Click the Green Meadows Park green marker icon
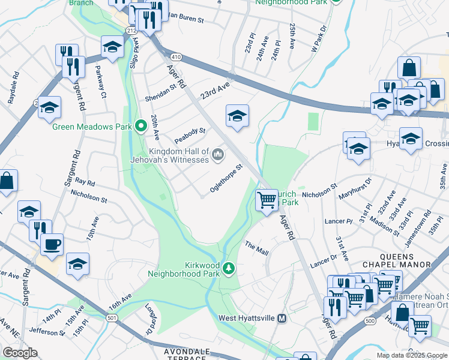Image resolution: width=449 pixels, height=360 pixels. click(141, 126)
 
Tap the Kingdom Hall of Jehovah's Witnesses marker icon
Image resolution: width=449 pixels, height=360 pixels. click(218, 156)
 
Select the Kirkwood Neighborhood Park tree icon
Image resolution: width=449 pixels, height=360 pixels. click(228, 268)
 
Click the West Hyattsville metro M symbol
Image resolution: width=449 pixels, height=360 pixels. click(280, 318)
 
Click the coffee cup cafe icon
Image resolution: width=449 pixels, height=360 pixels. click(52, 245)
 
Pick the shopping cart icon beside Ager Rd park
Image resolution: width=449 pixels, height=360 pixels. click(267, 200)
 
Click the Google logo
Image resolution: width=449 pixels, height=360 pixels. click(20, 353)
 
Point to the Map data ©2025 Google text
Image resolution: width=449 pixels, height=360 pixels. click(412, 355)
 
